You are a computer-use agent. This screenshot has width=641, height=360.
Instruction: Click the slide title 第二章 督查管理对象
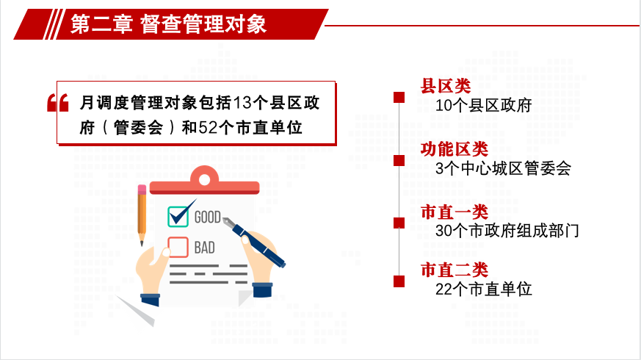tap(168, 24)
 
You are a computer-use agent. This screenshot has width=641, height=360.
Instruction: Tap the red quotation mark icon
tap(58, 103)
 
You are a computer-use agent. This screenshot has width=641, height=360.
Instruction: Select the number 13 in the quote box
tap(242, 103)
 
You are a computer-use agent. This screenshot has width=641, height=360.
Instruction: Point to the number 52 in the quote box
tap(208, 128)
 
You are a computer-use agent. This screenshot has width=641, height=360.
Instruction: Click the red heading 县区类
tap(446, 86)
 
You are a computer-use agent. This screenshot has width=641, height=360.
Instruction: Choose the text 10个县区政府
tap(483, 106)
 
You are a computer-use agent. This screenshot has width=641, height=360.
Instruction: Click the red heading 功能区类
tap(455, 149)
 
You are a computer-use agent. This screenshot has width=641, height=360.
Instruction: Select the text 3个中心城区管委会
tap(503, 168)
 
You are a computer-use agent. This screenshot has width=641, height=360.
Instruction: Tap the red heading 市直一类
tap(455, 212)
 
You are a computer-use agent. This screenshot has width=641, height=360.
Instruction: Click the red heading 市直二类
tap(455, 270)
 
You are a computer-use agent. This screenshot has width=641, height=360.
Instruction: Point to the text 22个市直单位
tap(483, 289)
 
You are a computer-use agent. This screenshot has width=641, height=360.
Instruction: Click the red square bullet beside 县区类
tap(399, 98)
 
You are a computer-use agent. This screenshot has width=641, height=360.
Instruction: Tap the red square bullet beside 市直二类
tap(399, 281)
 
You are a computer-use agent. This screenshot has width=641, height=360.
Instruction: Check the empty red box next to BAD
tap(178, 247)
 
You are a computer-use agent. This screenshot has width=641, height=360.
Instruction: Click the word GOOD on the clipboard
tap(207, 217)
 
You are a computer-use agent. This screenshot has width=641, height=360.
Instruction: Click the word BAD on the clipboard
tap(204, 248)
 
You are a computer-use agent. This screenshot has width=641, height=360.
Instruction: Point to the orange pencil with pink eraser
tap(142, 215)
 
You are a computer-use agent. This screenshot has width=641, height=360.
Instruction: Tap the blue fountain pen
tap(253, 242)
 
